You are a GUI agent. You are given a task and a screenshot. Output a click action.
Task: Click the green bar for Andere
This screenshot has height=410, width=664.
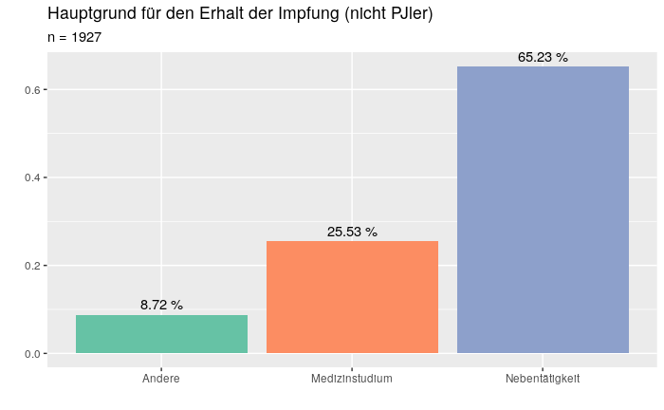click(x=161, y=334)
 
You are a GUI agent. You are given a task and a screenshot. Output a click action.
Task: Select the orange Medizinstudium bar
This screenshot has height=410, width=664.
click(x=352, y=297)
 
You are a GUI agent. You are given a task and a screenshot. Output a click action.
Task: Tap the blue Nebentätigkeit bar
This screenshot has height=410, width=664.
click(x=543, y=210)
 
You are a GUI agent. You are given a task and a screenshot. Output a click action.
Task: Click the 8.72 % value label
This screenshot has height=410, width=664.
click(x=161, y=305)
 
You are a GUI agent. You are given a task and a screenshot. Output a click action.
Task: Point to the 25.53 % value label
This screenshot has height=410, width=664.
click(x=352, y=232)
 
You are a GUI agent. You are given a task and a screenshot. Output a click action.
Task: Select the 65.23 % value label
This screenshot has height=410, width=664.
click(x=543, y=57)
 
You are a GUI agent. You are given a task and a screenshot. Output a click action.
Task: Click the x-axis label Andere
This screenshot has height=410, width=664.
click(x=161, y=379)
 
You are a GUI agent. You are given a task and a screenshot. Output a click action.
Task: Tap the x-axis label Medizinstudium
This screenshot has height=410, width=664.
click(x=352, y=379)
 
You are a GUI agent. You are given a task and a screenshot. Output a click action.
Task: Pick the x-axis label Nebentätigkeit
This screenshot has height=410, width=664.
click(x=543, y=379)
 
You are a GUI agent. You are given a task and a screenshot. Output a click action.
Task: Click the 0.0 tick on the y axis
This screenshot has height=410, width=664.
click(x=30, y=354)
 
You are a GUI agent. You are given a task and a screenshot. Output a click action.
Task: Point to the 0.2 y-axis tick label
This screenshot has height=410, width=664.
click(x=30, y=266)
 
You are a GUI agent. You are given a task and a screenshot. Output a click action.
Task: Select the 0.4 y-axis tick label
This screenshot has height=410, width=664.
click(x=30, y=177)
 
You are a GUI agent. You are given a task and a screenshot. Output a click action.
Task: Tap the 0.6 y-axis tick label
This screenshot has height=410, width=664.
click(x=30, y=90)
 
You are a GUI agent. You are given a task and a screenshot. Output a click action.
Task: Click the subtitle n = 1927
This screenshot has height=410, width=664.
click(x=74, y=37)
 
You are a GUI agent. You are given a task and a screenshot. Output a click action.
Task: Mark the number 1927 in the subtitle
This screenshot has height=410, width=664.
click(x=86, y=37)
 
